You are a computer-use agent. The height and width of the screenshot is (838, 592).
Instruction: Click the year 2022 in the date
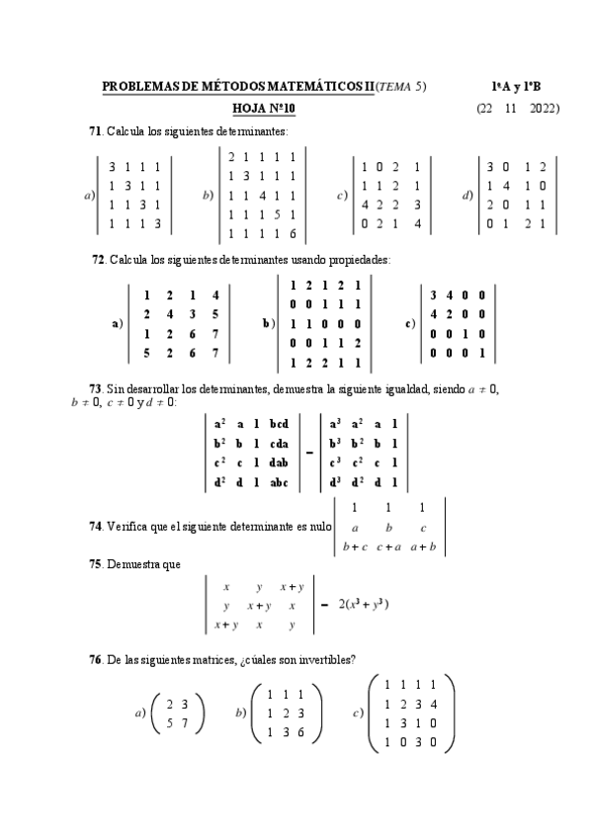point(545,108)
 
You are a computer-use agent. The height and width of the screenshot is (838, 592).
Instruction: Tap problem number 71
point(96,130)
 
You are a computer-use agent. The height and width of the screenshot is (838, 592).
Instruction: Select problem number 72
point(98,260)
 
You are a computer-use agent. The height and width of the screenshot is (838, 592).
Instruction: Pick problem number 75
point(96,564)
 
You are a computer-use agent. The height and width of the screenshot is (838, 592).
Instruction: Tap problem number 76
point(96,660)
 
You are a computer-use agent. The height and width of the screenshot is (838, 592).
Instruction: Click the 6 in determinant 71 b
point(292,233)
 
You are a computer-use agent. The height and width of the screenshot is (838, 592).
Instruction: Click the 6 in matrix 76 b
point(301,731)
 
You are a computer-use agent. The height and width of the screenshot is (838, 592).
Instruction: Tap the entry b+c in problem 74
point(354,545)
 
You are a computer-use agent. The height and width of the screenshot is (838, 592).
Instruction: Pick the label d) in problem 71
point(468,195)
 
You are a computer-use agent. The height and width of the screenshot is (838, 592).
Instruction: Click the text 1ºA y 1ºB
point(517,88)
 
